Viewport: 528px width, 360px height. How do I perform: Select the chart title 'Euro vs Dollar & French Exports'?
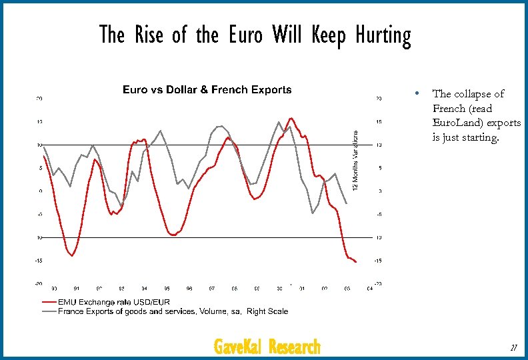coord(207,90)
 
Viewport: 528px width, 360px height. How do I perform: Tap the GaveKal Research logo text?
coord(267,347)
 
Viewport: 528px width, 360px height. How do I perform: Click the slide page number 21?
coord(512,347)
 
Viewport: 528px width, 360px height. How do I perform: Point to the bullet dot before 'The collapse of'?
coord(415,93)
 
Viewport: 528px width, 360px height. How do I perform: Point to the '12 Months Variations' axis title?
coord(355,160)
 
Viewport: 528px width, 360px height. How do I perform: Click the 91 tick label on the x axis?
coord(77,289)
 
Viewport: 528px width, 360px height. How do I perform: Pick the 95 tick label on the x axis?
coord(167,289)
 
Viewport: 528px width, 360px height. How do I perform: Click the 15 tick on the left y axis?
coord(39,122)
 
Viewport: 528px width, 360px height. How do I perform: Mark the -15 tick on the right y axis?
coord(379,261)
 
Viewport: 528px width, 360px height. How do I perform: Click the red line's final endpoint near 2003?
coord(356,262)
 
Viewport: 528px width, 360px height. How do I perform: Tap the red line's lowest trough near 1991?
coord(72,255)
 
